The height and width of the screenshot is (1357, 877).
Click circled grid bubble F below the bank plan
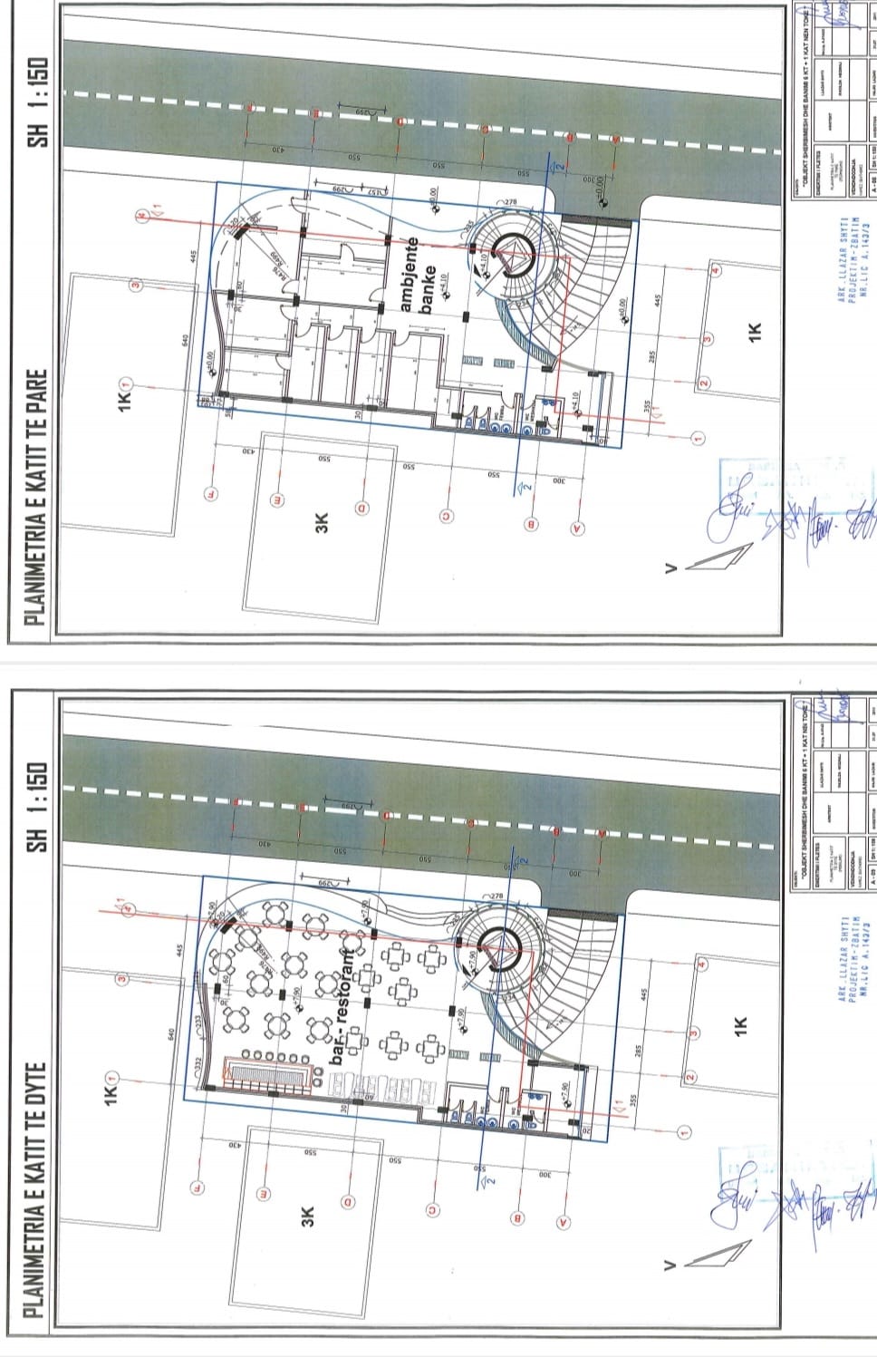212,495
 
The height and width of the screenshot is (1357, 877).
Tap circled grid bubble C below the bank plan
446,517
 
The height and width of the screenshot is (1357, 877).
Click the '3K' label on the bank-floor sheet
321,523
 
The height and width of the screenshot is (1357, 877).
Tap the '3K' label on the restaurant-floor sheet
307,1216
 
